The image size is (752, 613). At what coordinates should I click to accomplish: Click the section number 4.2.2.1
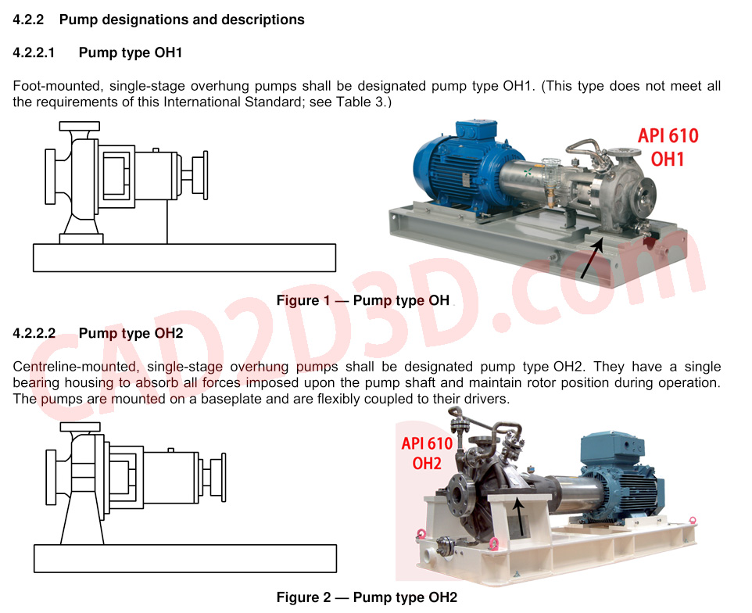(x=34, y=52)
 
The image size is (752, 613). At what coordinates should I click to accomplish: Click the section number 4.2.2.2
(x=34, y=333)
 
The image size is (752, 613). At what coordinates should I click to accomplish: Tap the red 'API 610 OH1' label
(x=668, y=147)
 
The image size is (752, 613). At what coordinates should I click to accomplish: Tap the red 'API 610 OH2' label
(x=427, y=453)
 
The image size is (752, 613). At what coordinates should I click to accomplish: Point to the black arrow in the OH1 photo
(x=591, y=258)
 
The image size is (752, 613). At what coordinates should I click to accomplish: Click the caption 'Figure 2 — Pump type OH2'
(x=367, y=597)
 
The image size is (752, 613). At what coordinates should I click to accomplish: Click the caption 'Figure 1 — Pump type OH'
(x=363, y=300)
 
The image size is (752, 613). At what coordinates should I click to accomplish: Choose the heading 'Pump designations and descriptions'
(x=182, y=20)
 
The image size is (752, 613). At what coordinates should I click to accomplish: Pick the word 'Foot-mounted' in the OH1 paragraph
(x=57, y=86)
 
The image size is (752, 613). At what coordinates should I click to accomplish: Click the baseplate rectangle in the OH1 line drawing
(x=184, y=258)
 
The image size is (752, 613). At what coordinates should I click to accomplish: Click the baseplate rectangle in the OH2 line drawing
(x=185, y=558)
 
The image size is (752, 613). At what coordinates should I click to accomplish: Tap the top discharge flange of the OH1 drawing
(x=80, y=126)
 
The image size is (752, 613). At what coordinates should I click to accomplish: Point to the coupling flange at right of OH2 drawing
(x=223, y=477)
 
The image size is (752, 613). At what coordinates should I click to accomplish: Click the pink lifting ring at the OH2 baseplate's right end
(x=692, y=520)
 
